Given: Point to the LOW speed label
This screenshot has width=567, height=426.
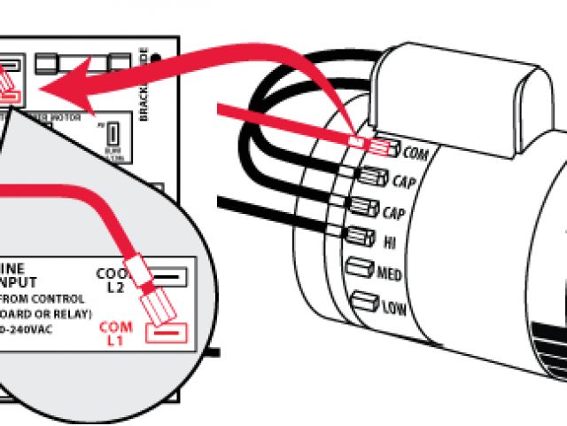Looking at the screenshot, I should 392,308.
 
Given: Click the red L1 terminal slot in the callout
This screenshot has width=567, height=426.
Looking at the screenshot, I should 166,333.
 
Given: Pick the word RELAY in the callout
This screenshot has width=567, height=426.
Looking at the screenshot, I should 67,314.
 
